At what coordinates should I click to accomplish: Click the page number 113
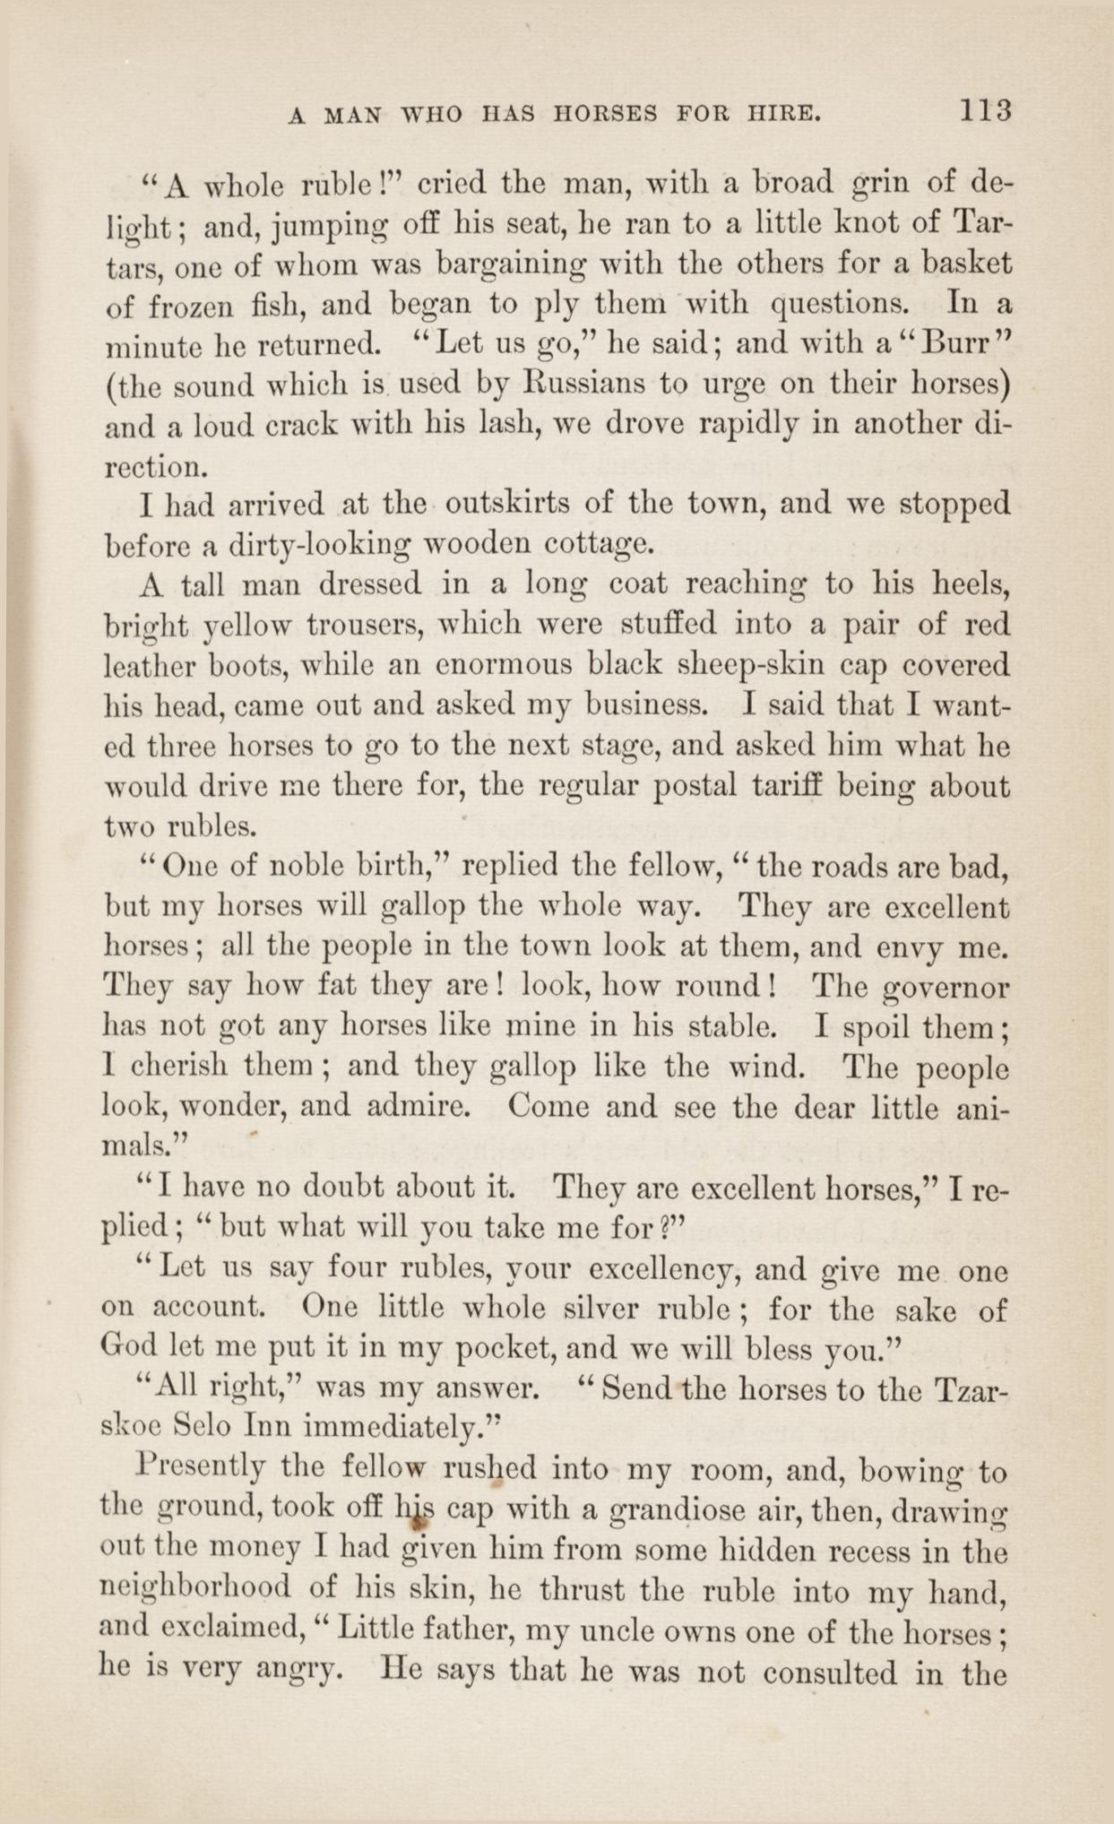pos(986,111)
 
